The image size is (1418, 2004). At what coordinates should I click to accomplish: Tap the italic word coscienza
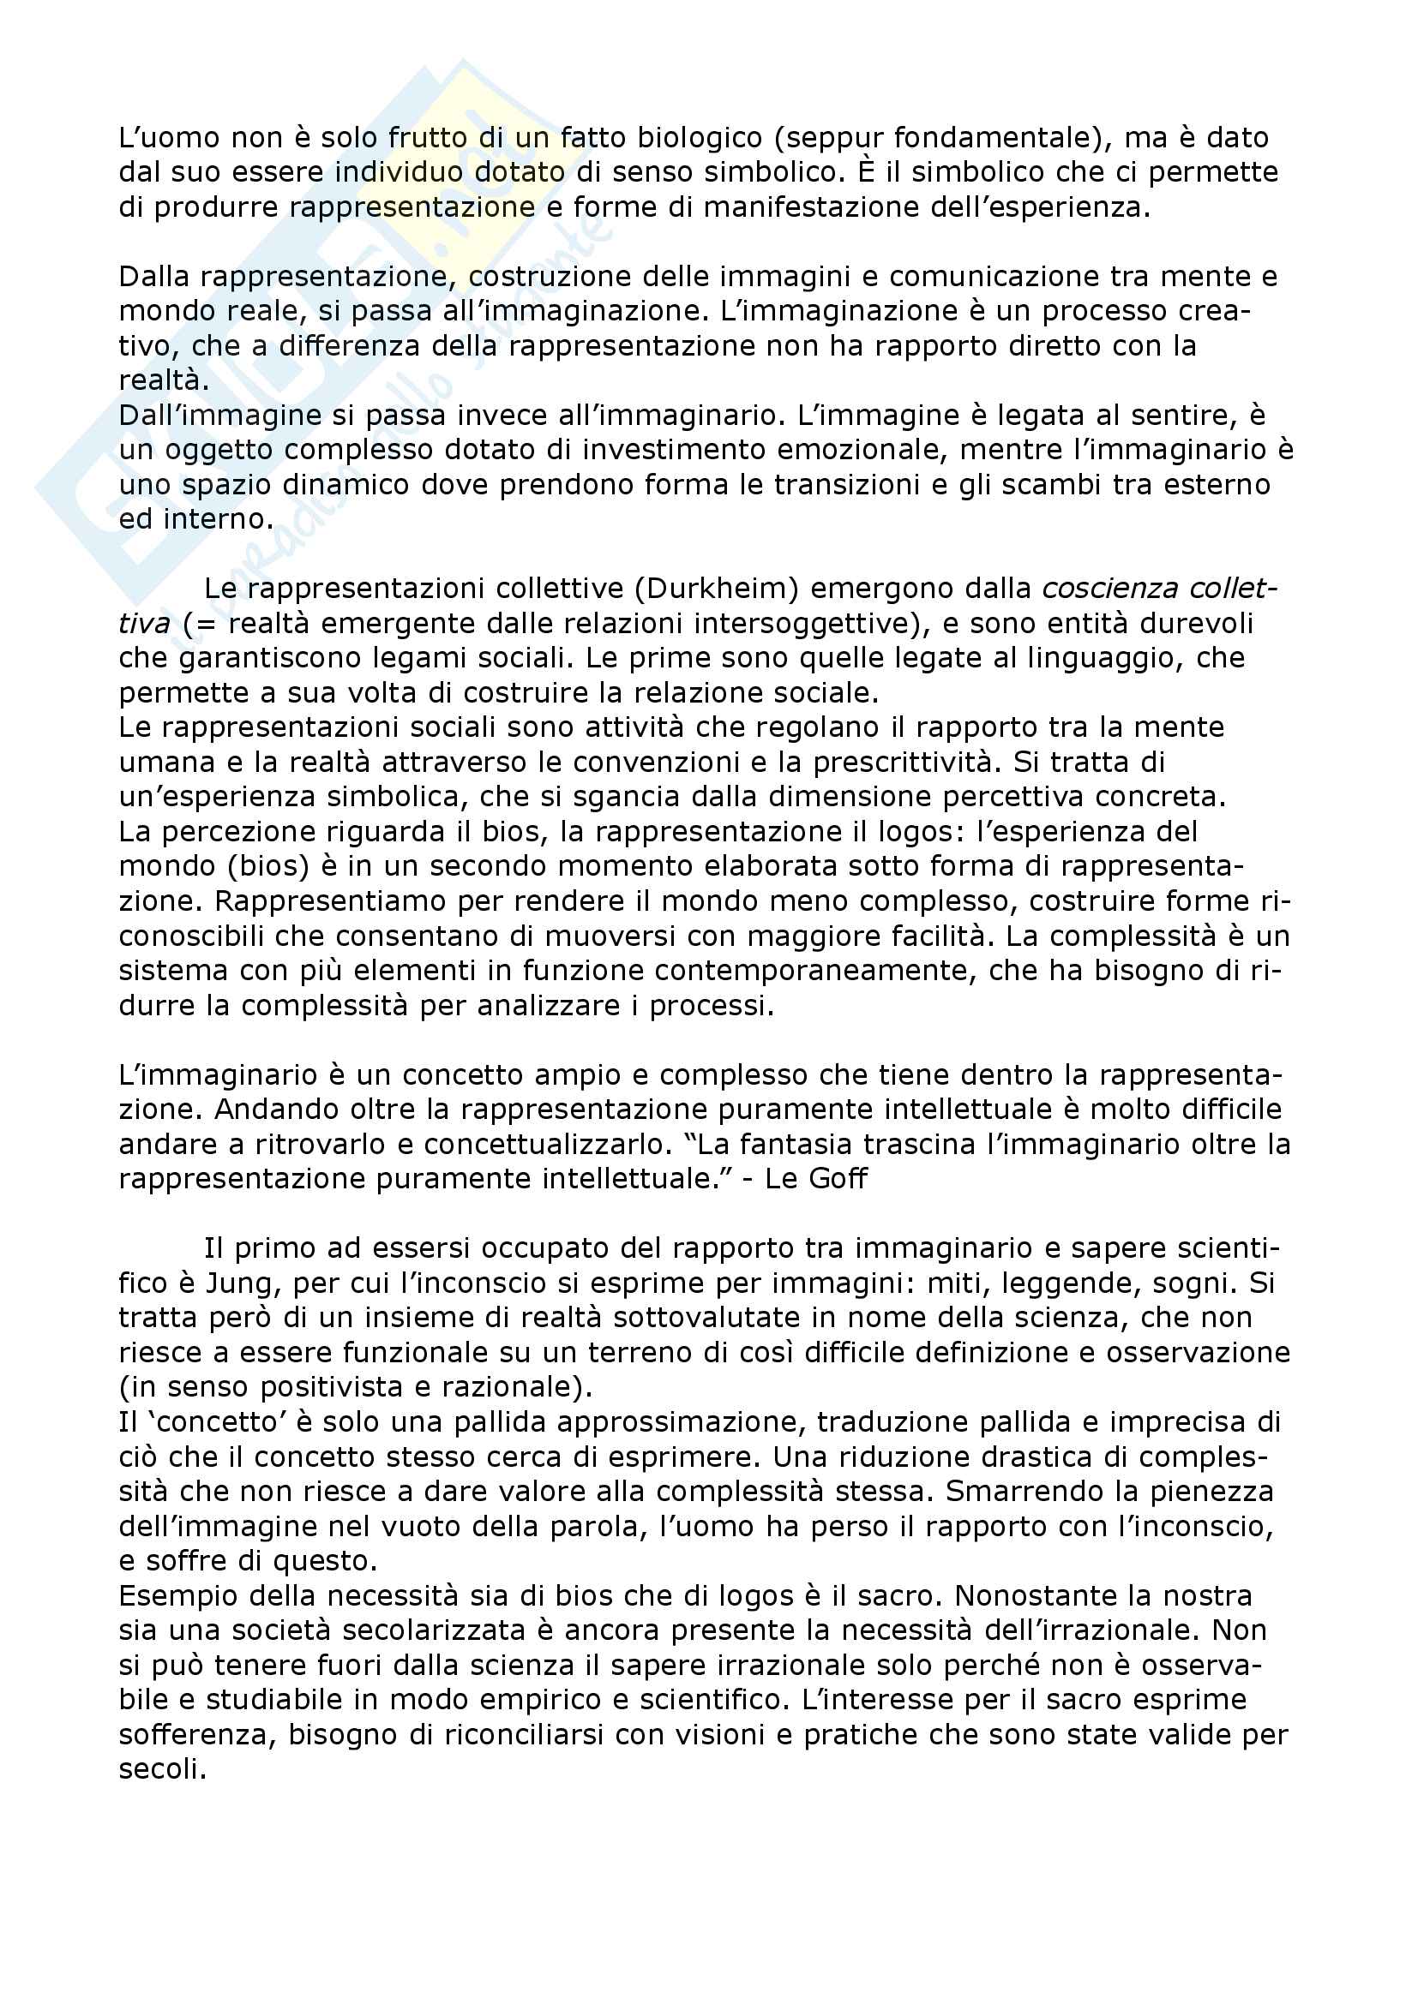pos(1103,589)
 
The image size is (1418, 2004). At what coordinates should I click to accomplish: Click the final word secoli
pos(162,1769)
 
